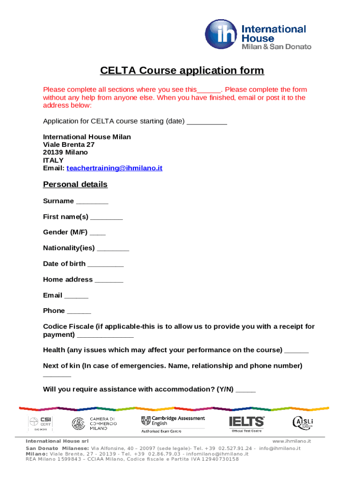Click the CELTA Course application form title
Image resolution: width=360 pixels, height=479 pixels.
tap(182, 71)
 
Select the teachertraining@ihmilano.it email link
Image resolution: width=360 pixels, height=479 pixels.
tap(115, 168)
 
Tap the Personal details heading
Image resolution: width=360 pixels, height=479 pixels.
tap(75, 184)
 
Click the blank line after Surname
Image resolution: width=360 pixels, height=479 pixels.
tap(92, 202)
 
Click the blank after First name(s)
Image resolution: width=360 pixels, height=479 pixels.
tap(107, 218)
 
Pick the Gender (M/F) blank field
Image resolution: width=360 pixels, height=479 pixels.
tap(98, 233)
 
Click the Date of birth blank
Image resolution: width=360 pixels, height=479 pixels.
tap(106, 265)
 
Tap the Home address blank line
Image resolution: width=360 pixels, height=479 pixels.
tap(109, 281)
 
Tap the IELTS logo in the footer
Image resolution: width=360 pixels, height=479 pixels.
tap(246, 422)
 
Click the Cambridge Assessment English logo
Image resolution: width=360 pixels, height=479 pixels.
tap(173, 423)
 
